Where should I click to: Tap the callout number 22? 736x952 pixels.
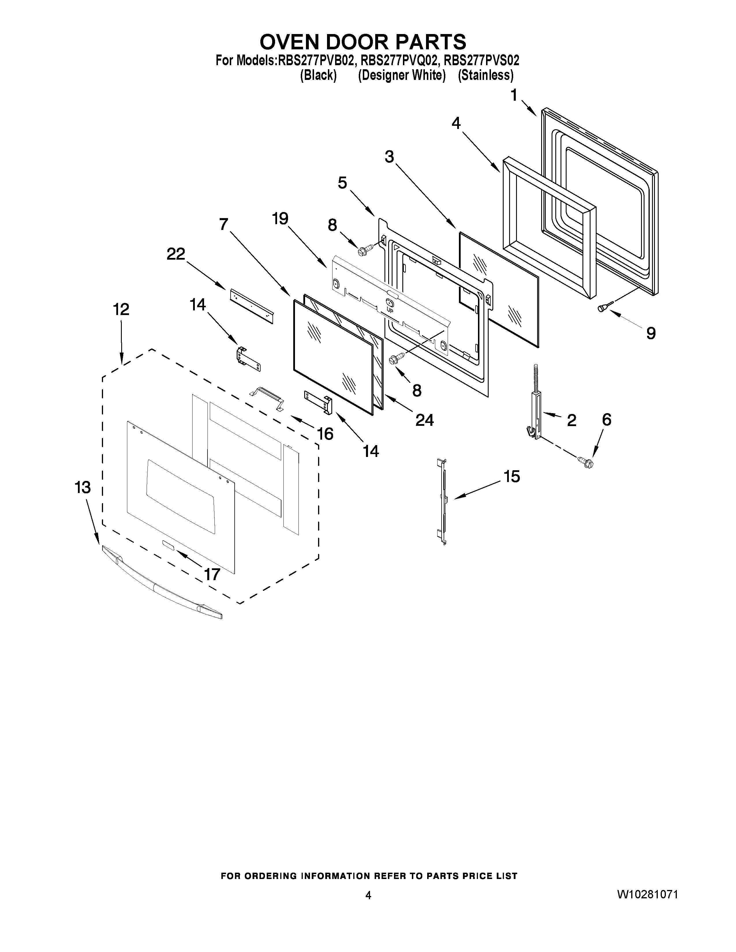pyautogui.click(x=176, y=254)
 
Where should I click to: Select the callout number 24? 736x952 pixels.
pyautogui.click(x=424, y=420)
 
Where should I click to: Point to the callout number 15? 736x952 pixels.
pyautogui.click(x=512, y=477)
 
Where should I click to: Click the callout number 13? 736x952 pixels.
pyautogui.click(x=83, y=487)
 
